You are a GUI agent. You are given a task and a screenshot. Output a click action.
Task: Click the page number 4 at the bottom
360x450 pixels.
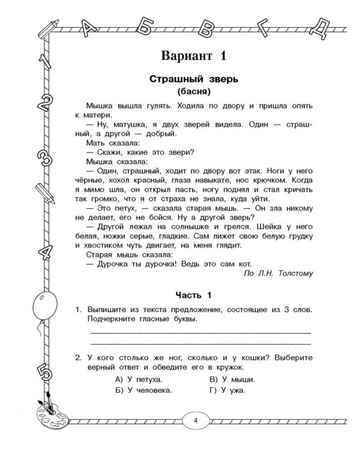[196, 419]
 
